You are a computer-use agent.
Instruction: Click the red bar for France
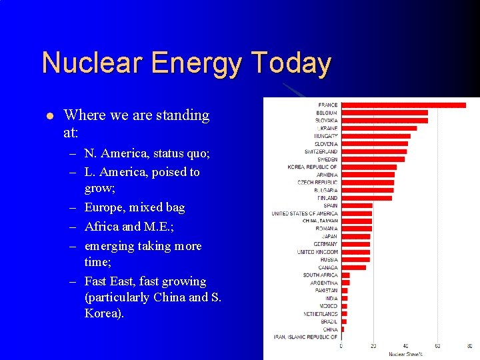[403, 105]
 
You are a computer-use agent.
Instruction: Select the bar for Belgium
[384, 113]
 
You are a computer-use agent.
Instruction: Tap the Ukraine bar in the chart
[379, 128]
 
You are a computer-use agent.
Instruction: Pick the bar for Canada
[353, 267]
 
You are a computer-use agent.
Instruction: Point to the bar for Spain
[357, 205]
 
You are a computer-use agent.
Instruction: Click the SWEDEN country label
[327, 159]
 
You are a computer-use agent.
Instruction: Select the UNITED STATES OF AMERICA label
[305, 213]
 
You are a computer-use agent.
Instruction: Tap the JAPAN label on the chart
[329, 237]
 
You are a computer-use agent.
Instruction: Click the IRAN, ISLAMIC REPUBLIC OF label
[305, 337]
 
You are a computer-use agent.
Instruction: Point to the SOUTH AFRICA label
[320, 275]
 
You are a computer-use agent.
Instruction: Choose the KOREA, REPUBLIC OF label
[313, 167]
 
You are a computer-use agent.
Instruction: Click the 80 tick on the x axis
[469, 346]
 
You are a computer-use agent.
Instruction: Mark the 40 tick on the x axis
[405, 346]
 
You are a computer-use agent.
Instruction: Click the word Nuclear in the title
[93, 63]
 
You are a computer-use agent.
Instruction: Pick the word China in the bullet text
[169, 297]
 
